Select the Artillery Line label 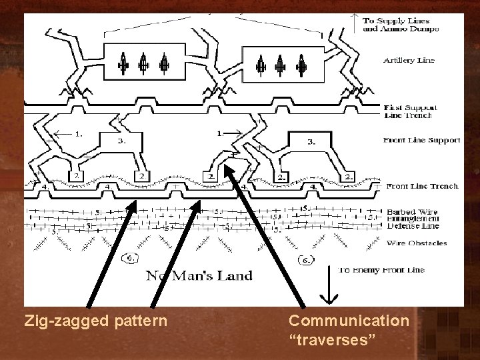pos(409,60)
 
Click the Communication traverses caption pos(349,330)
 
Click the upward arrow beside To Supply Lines pos(355,23)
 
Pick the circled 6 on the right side pos(307,258)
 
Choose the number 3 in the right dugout pos(312,142)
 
